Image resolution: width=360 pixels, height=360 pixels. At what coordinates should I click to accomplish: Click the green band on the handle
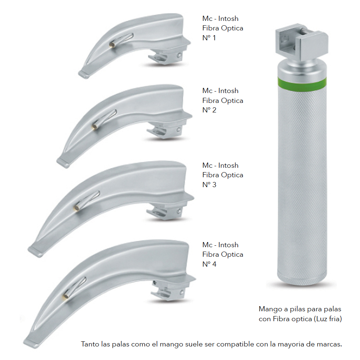(x=302, y=82)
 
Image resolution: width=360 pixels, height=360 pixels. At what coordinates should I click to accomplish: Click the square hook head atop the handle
(x=302, y=40)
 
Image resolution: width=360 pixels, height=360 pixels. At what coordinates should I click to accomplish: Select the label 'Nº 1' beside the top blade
(x=209, y=38)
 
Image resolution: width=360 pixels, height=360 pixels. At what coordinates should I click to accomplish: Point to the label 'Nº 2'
(x=209, y=110)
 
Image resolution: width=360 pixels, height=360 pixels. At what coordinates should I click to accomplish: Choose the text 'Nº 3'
(x=209, y=185)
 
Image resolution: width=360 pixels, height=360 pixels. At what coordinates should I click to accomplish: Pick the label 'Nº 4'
(x=209, y=264)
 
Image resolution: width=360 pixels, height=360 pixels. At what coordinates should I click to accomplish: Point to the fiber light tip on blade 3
(x=77, y=208)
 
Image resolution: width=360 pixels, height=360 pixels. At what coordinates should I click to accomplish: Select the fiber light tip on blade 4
(x=66, y=296)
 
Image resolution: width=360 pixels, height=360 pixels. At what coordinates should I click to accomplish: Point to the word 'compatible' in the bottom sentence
(x=235, y=344)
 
